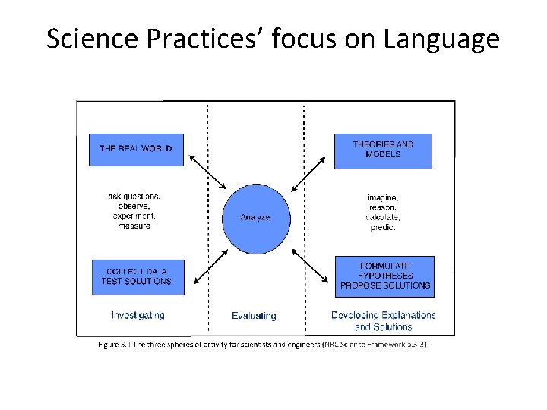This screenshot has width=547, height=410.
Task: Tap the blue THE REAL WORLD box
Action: [x=137, y=150]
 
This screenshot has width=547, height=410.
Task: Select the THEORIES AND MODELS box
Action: [x=383, y=150]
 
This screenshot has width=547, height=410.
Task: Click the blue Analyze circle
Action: [x=255, y=218]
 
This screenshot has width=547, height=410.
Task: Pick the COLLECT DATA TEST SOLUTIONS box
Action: [x=137, y=277]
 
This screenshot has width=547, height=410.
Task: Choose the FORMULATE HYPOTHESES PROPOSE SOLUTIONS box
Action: [x=384, y=276]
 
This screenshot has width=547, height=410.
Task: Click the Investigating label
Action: [x=138, y=314]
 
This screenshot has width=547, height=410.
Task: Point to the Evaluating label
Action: [x=254, y=316]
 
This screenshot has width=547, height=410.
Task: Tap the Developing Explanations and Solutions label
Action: [x=384, y=320]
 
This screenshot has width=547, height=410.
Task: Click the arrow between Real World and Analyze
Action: [x=207, y=172]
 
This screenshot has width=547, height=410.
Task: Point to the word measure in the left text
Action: [x=134, y=225]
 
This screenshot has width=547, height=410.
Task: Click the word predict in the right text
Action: [x=383, y=227]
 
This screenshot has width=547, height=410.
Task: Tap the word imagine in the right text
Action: [x=382, y=197]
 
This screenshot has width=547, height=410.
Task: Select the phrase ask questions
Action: [x=134, y=196]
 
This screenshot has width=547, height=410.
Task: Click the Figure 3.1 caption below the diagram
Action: [x=262, y=345]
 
